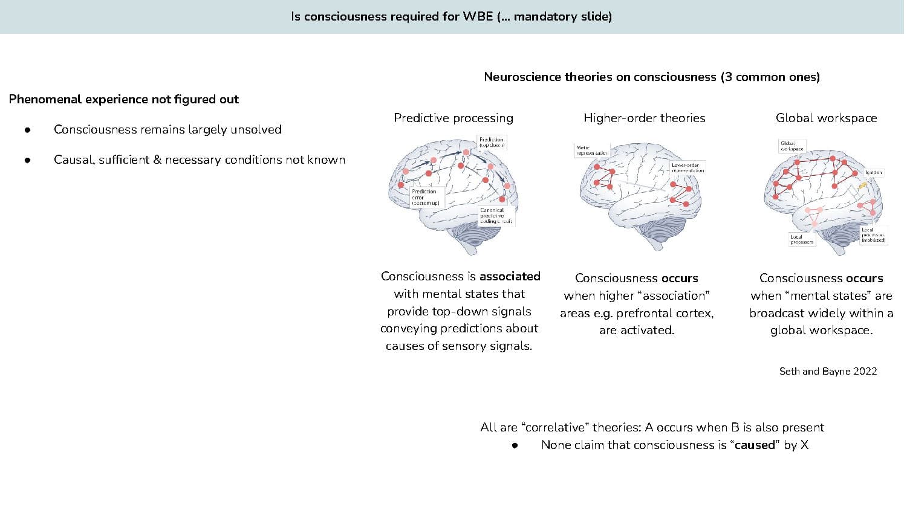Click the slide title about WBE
(x=451, y=16)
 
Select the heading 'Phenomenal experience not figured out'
(x=124, y=99)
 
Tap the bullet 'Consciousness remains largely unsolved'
(x=167, y=129)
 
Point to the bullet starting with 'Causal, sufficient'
(x=200, y=160)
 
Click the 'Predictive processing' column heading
(x=453, y=118)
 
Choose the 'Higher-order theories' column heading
(x=645, y=118)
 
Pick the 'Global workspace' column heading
(x=826, y=118)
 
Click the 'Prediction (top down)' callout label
(x=491, y=142)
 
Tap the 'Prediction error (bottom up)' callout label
(x=426, y=197)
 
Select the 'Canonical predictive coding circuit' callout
(x=496, y=216)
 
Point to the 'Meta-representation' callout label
(x=591, y=150)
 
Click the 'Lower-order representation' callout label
(x=688, y=167)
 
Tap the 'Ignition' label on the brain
(x=873, y=172)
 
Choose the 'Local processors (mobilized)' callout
(x=873, y=234)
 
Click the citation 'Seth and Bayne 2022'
(x=828, y=371)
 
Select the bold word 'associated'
(x=510, y=276)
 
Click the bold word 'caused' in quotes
(x=754, y=445)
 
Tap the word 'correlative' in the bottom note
(x=554, y=427)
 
